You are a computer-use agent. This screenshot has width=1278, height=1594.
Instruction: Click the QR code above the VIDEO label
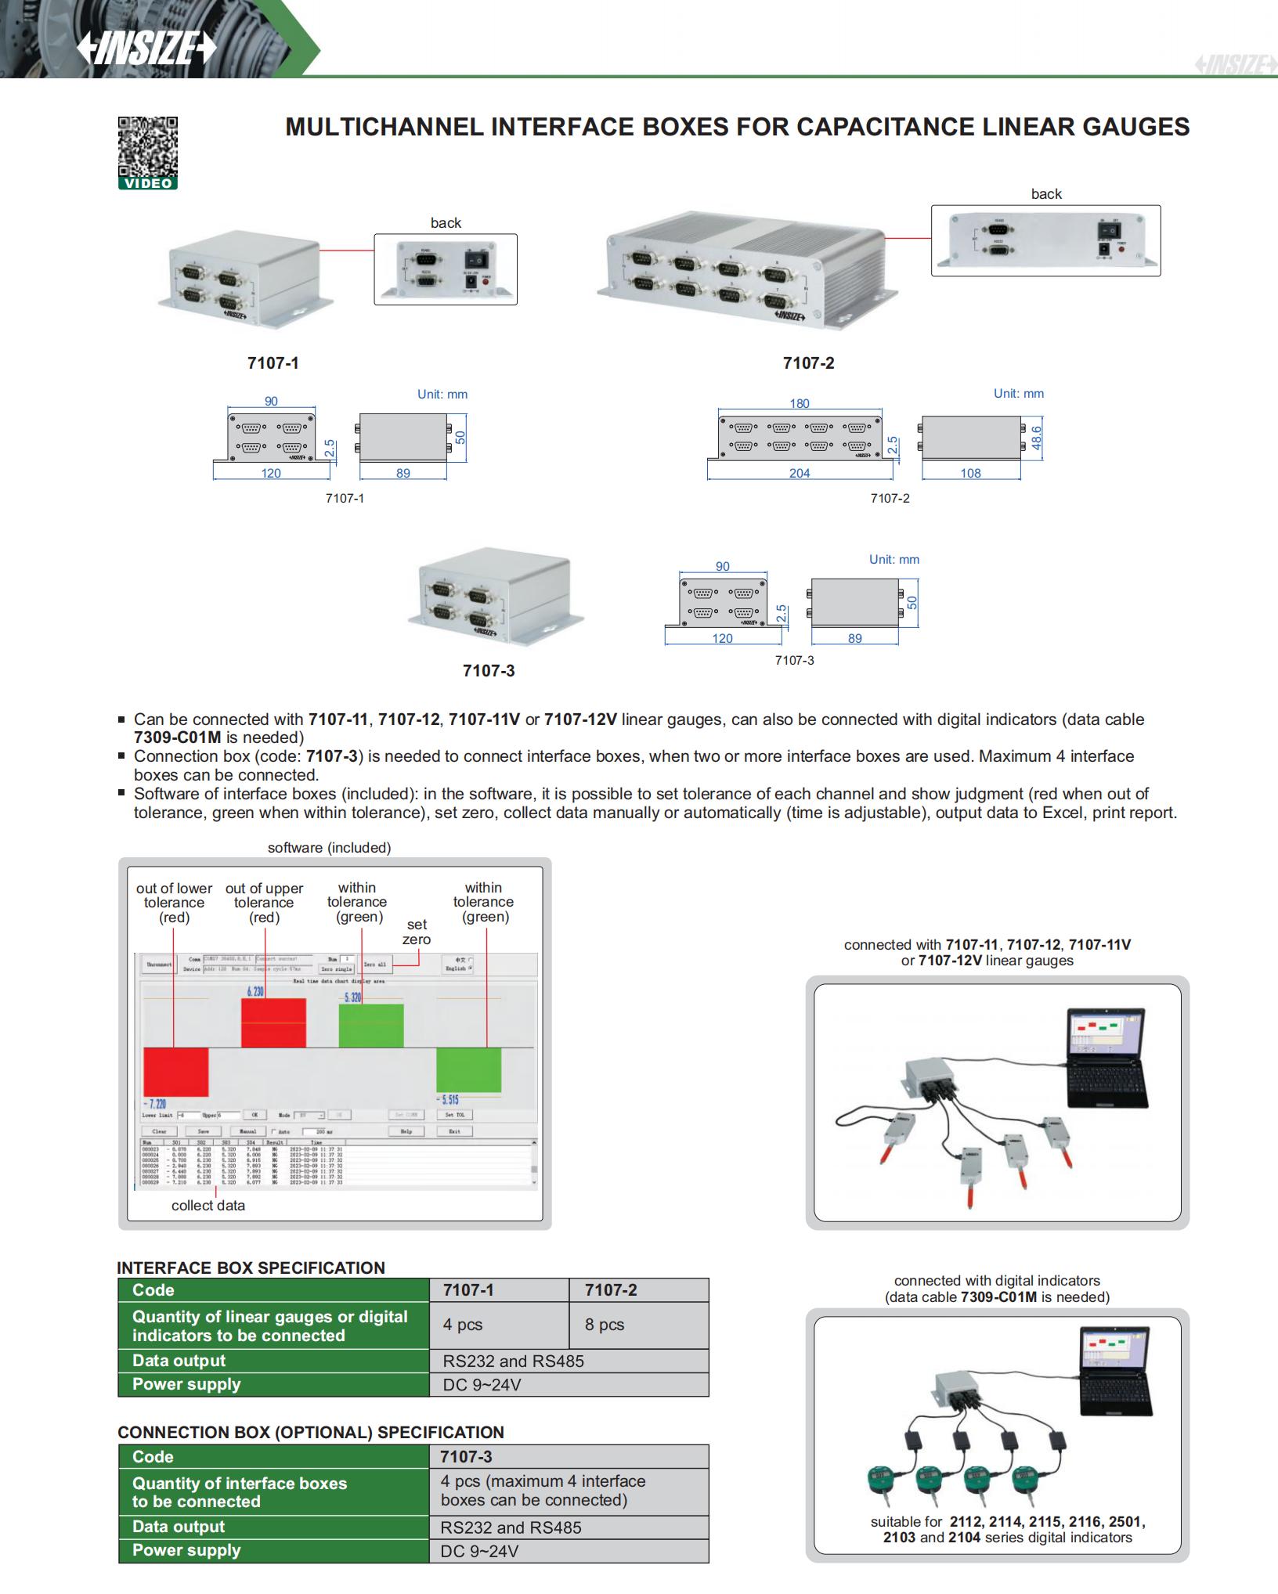click(148, 146)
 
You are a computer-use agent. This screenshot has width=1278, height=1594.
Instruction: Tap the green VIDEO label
click(148, 183)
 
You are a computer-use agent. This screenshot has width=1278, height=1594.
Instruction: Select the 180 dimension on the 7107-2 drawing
click(799, 403)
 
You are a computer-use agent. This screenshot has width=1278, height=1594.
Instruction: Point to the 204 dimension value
click(799, 473)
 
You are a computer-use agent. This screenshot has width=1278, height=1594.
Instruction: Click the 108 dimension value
click(970, 473)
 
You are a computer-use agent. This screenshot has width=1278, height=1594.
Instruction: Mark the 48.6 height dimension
click(1036, 438)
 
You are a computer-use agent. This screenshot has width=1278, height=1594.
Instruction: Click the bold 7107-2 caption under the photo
click(808, 363)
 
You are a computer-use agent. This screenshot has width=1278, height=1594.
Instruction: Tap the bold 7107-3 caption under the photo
click(489, 671)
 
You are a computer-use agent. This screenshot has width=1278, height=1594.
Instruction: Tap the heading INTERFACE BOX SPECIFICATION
click(251, 1268)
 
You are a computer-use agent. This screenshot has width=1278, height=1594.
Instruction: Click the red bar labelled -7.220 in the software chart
click(175, 1071)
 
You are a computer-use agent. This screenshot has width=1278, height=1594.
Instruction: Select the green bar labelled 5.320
click(371, 1026)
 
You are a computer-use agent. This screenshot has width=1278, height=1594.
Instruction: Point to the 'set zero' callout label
click(417, 932)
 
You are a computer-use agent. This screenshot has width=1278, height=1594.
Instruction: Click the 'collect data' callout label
click(208, 1206)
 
